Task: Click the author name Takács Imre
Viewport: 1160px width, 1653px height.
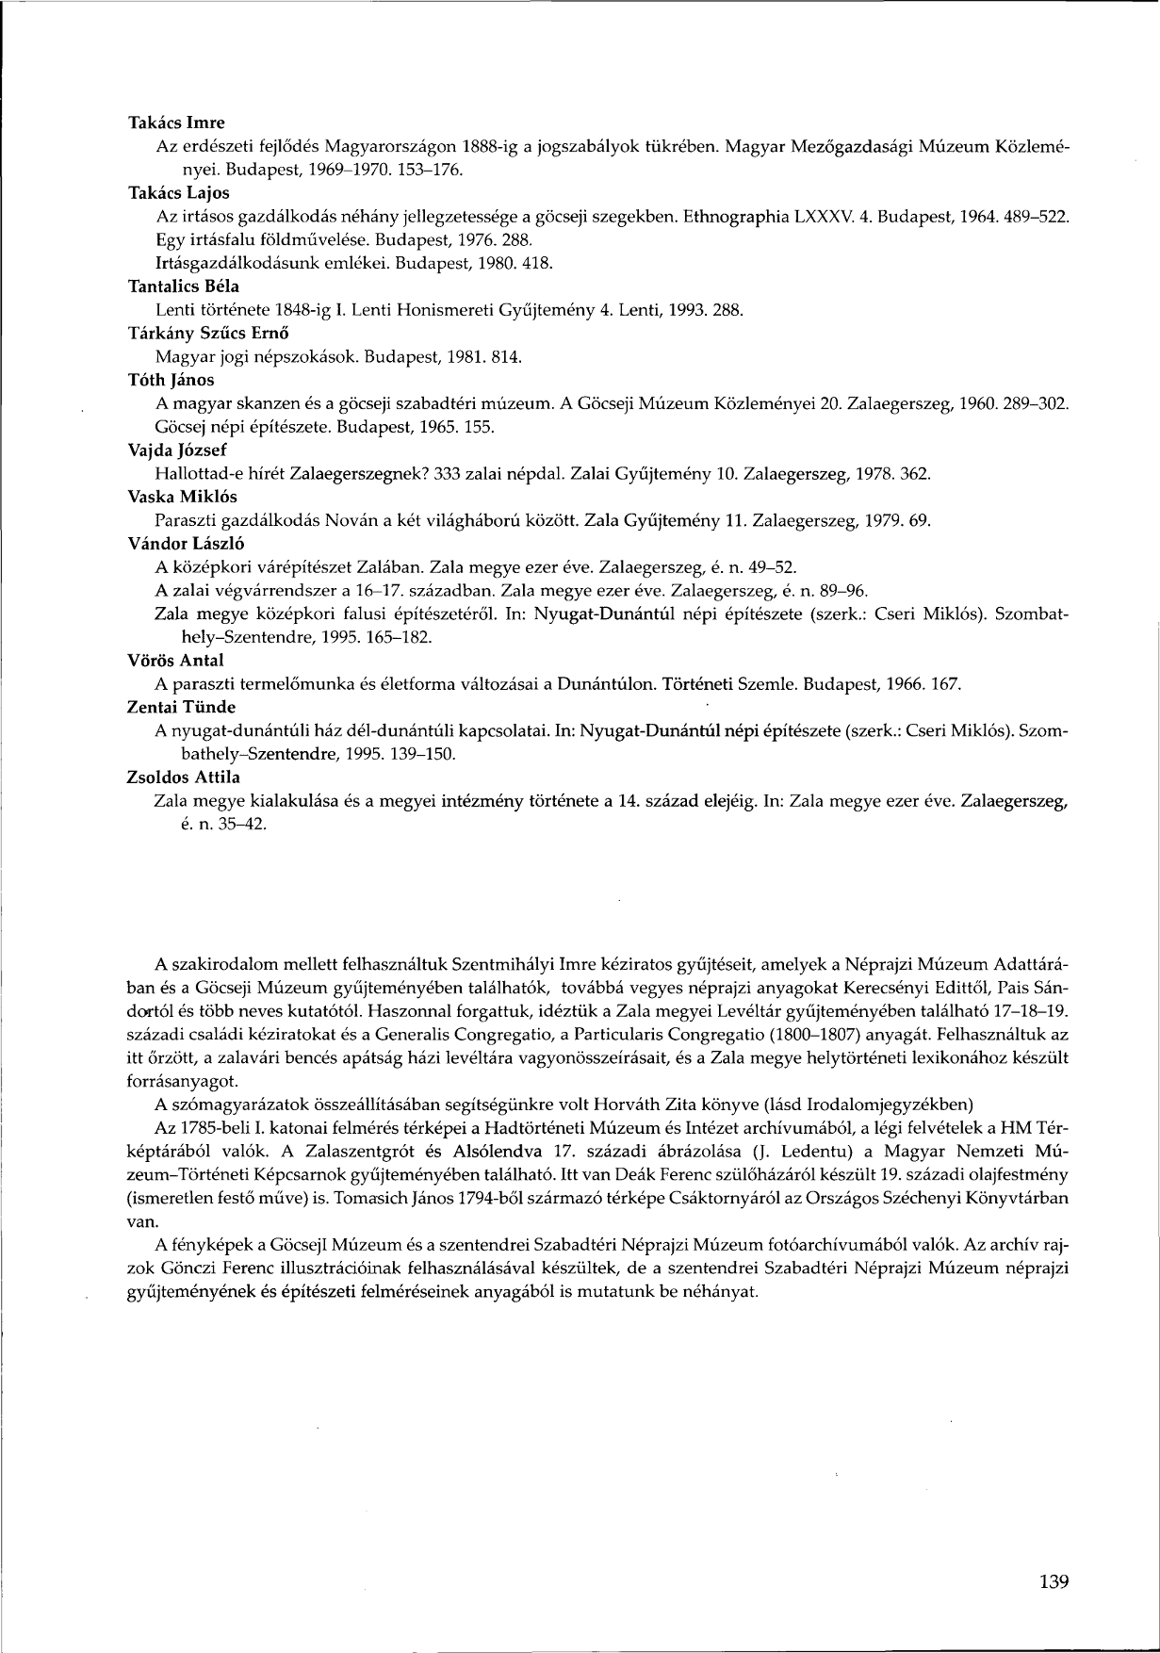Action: coord(176,123)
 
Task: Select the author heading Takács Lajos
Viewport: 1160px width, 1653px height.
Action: coord(178,193)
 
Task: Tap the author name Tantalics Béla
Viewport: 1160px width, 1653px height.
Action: coord(183,286)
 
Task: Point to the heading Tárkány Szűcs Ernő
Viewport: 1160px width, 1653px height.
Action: coord(207,333)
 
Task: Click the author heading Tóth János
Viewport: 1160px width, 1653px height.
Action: coord(171,380)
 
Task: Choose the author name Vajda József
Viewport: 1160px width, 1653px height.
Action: coord(176,450)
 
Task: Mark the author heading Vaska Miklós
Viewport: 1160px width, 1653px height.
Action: coord(182,497)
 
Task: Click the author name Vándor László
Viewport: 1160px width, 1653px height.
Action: coord(180,544)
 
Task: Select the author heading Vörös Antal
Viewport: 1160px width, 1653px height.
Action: coord(174,660)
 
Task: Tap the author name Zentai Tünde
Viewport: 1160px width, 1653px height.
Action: coord(181,707)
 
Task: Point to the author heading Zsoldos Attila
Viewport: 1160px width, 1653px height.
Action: coord(183,777)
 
